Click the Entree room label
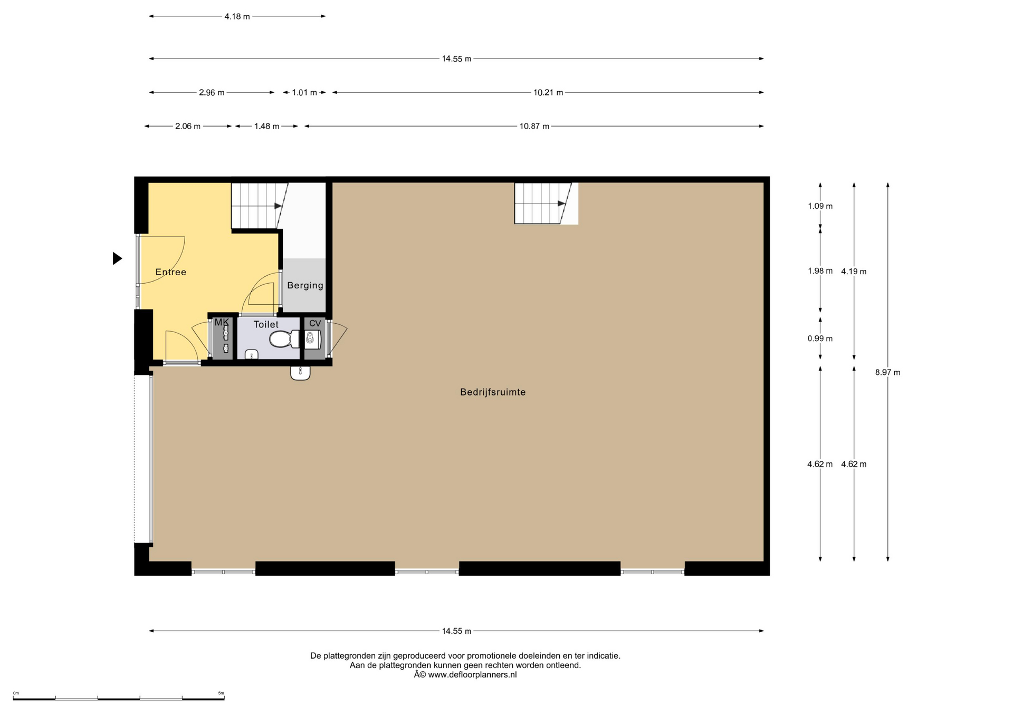pyautogui.click(x=170, y=272)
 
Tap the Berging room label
pyautogui.click(x=305, y=285)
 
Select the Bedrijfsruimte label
pyautogui.click(x=493, y=392)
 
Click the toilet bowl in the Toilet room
pyautogui.click(x=284, y=339)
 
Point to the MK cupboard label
pyautogui.click(x=222, y=322)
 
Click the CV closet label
pyautogui.click(x=315, y=323)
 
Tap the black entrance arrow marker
pyautogui.click(x=117, y=258)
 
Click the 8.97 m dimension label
pyautogui.click(x=887, y=372)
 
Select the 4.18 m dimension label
pyautogui.click(x=237, y=16)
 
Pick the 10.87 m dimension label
pyautogui.click(x=534, y=127)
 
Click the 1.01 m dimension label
pyautogui.click(x=304, y=93)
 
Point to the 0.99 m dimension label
pyautogui.click(x=820, y=338)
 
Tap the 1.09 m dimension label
pyautogui.click(x=820, y=206)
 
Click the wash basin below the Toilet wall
pyautogui.click(x=300, y=372)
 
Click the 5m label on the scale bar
pyautogui.click(x=221, y=693)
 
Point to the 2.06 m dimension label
pyautogui.click(x=188, y=127)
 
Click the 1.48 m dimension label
pyautogui.click(x=266, y=127)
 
